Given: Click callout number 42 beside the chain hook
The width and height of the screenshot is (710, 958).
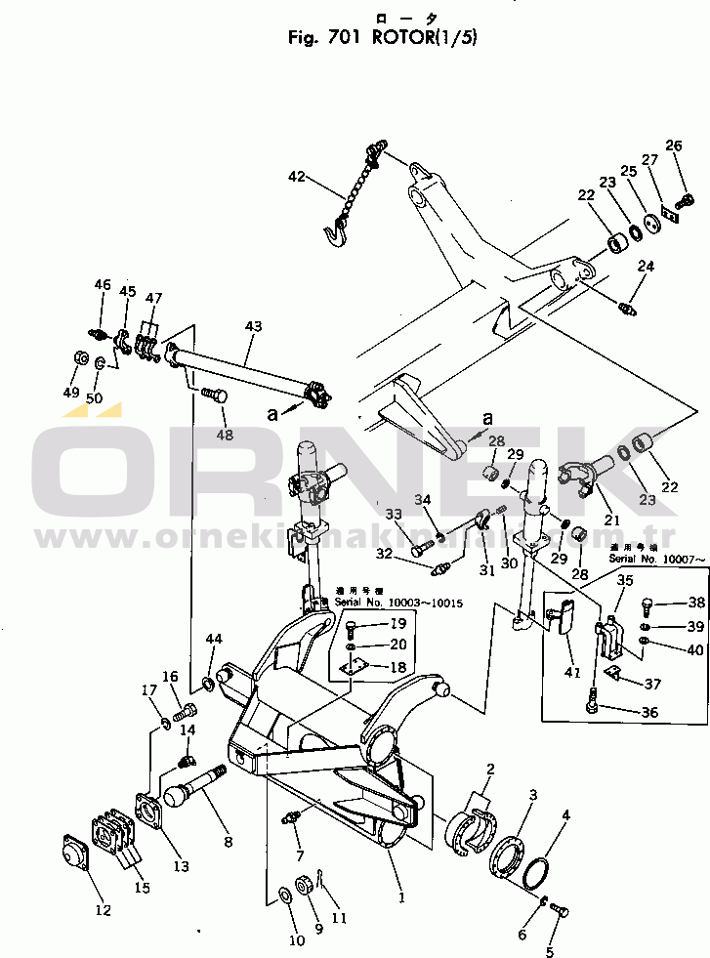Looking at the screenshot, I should (297, 177).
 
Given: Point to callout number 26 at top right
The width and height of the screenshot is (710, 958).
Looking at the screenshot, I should (674, 146).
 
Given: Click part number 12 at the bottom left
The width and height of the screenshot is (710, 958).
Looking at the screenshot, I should (104, 910).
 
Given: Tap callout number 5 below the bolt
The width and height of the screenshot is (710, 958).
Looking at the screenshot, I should (549, 950).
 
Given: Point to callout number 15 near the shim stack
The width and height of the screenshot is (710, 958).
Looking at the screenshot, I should (143, 888).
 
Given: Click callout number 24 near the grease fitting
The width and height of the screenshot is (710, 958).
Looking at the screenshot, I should (645, 267).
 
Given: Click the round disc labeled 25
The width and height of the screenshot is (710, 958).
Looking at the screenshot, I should (652, 220).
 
